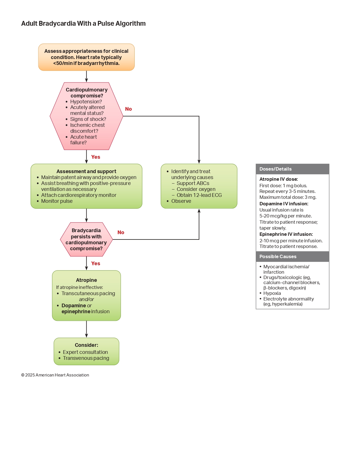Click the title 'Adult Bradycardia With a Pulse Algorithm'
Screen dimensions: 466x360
83,23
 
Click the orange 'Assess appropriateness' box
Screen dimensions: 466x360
86,57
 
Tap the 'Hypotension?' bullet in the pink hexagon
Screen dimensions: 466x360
86,102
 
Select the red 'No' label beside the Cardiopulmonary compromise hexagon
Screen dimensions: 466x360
128,109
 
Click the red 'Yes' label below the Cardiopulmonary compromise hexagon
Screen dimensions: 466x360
95,157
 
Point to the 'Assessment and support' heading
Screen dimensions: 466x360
86,171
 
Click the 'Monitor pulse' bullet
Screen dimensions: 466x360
57,201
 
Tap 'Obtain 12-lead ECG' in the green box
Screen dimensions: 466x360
199,195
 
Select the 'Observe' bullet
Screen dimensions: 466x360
181,201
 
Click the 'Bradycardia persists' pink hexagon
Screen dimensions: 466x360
86,239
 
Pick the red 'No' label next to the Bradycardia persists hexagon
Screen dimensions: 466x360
121,232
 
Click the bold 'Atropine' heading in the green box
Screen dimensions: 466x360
86,280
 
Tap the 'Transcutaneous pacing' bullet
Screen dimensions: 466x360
88,293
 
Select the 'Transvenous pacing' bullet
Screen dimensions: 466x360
86,358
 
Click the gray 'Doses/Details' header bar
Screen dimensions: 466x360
292,169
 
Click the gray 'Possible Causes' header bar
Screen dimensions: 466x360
292,256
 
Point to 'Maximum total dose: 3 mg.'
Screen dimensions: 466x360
288,197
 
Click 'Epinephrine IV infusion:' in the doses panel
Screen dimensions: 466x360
286,234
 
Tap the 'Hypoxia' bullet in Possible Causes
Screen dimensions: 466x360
272,293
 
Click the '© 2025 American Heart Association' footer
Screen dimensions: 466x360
55,375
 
